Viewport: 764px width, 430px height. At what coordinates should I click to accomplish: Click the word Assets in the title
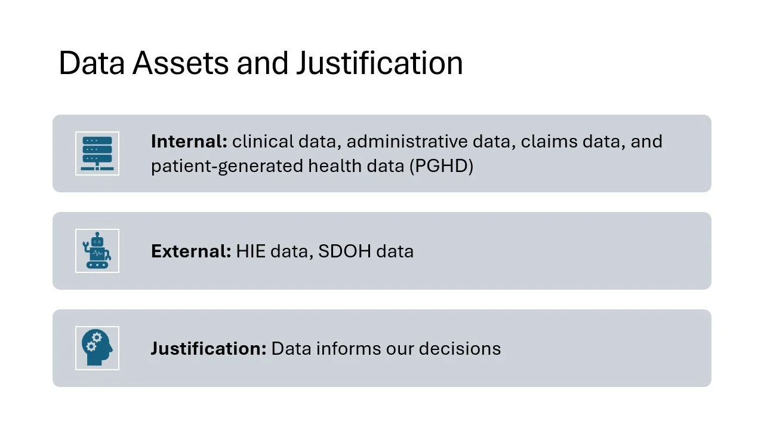(180, 63)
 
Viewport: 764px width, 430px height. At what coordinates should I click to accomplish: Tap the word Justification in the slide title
(380, 63)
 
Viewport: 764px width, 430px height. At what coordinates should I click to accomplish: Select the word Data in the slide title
(91, 63)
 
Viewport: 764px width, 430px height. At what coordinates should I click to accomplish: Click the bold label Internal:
(189, 142)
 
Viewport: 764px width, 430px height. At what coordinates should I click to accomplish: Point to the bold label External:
(191, 251)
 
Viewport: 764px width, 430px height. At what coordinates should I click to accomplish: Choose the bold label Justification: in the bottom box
(208, 348)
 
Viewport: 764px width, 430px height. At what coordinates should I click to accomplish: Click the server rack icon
(97, 153)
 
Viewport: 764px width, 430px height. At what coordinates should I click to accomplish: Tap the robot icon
(97, 251)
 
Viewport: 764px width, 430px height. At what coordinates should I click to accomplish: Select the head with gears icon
(97, 348)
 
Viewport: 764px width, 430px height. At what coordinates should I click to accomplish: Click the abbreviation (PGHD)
(441, 166)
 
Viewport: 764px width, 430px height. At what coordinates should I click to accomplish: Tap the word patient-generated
(227, 166)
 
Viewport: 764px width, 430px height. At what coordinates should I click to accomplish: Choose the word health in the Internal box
(332, 166)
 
